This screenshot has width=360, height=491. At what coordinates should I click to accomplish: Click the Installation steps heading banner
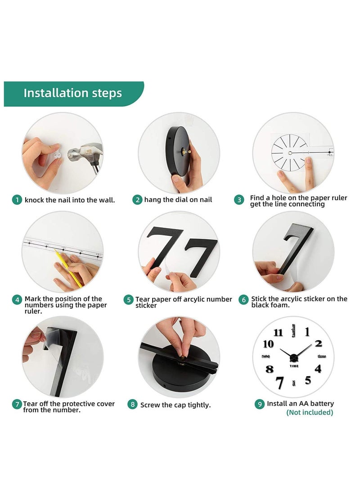(x=73, y=94)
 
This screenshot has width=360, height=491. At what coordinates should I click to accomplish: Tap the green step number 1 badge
(x=17, y=200)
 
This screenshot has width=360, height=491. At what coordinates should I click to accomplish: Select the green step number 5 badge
(x=128, y=300)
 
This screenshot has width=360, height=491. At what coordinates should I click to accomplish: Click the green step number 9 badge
(x=260, y=404)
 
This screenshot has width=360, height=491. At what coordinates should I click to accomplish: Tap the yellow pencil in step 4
(x=68, y=268)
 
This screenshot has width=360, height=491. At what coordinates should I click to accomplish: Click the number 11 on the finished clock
(x=278, y=332)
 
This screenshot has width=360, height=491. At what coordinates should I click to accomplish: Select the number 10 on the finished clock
(x=268, y=344)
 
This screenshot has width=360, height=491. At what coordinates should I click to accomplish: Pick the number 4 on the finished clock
(x=318, y=369)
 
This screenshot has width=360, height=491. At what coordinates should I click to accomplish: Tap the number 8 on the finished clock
(x=270, y=369)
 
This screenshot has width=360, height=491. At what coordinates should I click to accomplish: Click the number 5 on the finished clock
(x=308, y=380)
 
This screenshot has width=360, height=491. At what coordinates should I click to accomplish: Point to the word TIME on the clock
(x=294, y=366)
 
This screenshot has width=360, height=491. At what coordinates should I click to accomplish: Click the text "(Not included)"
(x=310, y=412)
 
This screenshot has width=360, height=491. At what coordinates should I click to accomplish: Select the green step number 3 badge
(x=239, y=200)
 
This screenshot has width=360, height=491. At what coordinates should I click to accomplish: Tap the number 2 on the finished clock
(x=319, y=343)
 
